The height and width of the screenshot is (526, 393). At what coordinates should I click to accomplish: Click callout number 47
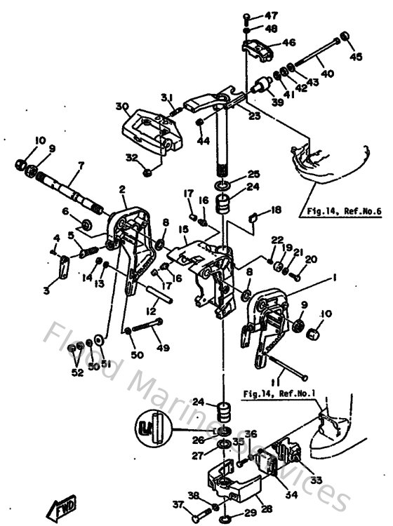[271, 15]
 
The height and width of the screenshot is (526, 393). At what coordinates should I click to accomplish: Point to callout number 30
[123, 106]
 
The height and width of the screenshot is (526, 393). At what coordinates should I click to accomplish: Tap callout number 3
[46, 290]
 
